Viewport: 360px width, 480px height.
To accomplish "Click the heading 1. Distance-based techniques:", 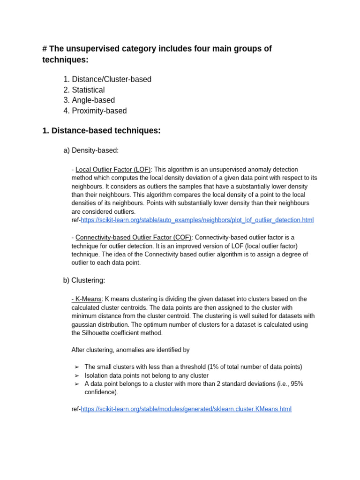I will [x=101, y=131].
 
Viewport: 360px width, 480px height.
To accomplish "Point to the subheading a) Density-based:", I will [x=91, y=150].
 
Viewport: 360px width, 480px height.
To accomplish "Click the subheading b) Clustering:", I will [x=84, y=280].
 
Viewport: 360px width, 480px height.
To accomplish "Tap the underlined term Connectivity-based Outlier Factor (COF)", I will [x=133, y=238].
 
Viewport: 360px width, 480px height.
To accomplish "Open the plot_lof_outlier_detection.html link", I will [x=197, y=220].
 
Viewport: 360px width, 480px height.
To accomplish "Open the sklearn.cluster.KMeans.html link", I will [x=186, y=409].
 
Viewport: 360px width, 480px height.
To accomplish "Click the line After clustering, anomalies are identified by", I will [x=130, y=350].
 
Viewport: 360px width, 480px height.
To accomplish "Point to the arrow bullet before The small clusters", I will [x=77, y=367].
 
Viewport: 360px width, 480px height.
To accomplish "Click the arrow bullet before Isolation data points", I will [x=77, y=376].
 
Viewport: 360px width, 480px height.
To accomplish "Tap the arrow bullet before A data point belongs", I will [x=77, y=384].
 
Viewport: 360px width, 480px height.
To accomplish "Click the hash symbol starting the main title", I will [x=45, y=49].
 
